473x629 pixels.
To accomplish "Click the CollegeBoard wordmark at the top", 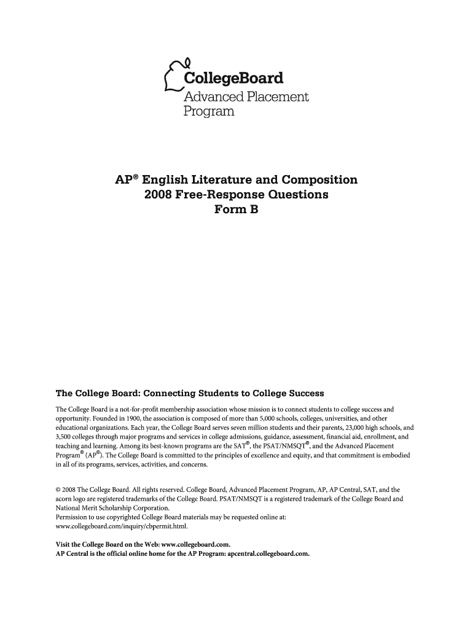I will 233,79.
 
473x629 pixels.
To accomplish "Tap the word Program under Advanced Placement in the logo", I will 209,112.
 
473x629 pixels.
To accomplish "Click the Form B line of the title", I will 236,209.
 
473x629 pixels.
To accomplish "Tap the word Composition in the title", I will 320,180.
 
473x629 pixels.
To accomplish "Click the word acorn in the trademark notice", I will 64,499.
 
